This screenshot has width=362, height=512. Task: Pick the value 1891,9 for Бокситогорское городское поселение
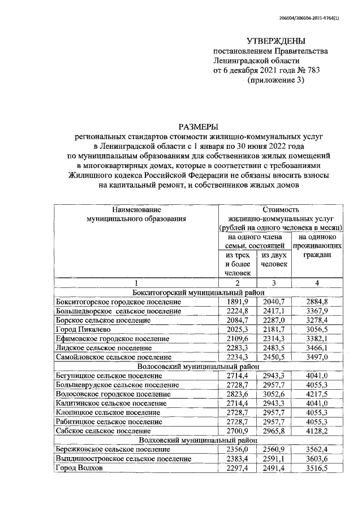(238, 302)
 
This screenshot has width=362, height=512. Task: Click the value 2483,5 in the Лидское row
(274, 347)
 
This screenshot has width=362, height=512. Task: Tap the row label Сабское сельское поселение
(105, 430)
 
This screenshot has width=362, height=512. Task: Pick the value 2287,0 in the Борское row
(274, 320)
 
